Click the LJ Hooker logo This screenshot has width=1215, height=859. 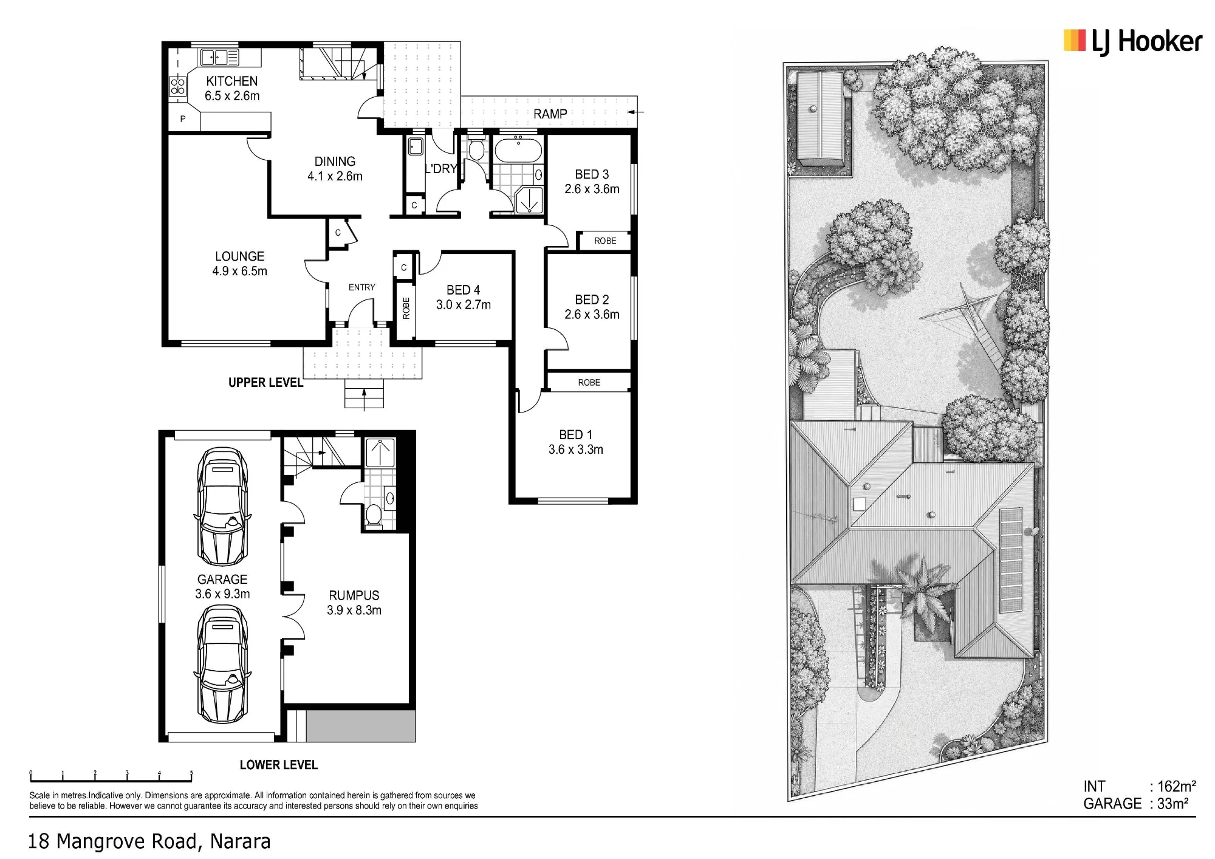pyautogui.click(x=1133, y=41)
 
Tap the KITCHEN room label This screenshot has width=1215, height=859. pyautogui.click(x=231, y=81)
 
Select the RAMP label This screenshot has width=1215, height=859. pyautogui.click(x=550, y=114)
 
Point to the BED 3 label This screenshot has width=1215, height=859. pyautogui.click(x=592, y=175)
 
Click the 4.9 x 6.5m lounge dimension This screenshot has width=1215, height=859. pyautogui.click(x=239, y=271)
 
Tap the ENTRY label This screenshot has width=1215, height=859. pyautogui.click(x=361, y=287)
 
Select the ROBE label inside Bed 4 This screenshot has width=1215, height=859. pyautogui.click(x=406, y=308)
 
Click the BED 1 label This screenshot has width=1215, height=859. pyautogui.click(x=575, y=435)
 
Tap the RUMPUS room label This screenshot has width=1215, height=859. pyautogui.click(x=354, y=595)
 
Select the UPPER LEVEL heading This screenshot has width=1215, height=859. pyautogui.click(x=265, y=383)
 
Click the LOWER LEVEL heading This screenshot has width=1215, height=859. pyautogui.click(x=279, y=765)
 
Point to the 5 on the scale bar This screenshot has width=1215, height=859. pyautogui.click(x=191, y=773)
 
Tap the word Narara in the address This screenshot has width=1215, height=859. pyautogui.click(x=240, y=841)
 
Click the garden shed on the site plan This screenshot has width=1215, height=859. pyautogui.click(x=820, y=118)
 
